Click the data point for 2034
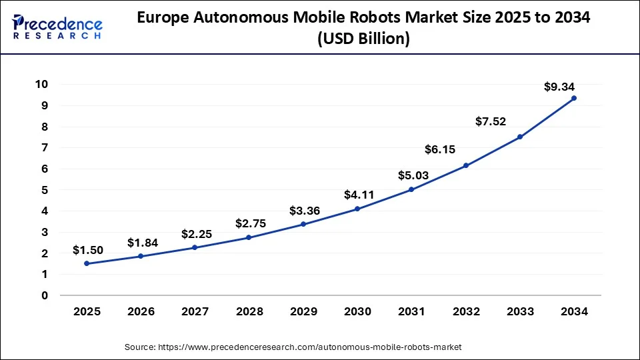click(573, 98)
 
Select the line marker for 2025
click(87, 263)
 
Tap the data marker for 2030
click(357, 209)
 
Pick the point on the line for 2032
click(465, 165)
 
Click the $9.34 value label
click(559, 87)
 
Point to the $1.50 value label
click(88, 251)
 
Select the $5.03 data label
click(413, 176)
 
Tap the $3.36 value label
click(305, 211)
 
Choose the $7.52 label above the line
click(491, 121)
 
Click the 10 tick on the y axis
click(42, 84)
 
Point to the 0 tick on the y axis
click(45, 295)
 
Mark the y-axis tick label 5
click(45, 190)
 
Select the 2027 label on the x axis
click(195, 311)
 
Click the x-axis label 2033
click(519, 311)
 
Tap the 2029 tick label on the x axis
click(303, 311)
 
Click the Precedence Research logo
click(57, 27)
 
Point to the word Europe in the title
click(162, 19)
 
